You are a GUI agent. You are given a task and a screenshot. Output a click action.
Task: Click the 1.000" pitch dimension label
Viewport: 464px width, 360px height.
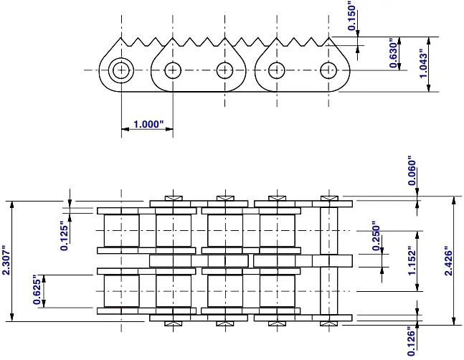click(149, 124)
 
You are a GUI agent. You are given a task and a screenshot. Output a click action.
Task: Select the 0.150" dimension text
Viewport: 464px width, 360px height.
click(352, 16)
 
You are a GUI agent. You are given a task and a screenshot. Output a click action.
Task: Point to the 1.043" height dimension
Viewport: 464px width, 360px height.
click(424, 65)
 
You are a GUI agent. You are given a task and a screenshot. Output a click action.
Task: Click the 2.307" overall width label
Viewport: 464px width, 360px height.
click(6, 263)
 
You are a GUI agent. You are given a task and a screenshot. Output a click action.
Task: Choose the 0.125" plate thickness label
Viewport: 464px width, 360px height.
click(64, 235)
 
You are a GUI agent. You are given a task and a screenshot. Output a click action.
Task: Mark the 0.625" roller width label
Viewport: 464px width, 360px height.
click(37, 291)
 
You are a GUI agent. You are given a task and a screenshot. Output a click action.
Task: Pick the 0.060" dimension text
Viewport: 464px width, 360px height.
click(411, 171)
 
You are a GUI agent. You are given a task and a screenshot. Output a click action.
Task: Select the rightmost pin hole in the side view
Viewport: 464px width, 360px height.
click(328, 70)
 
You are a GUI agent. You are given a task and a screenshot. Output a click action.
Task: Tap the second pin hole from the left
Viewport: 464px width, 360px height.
click(172, 70)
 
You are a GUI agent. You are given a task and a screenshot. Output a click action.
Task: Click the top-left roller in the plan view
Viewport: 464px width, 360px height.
click(121, 230)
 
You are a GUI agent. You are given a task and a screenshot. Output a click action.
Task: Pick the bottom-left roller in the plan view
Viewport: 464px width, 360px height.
click(121, 291)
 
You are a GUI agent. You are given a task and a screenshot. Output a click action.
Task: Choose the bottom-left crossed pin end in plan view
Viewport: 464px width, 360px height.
click(172, 323)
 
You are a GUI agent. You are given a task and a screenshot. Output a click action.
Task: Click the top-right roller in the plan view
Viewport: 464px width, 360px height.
click(277, 230)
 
